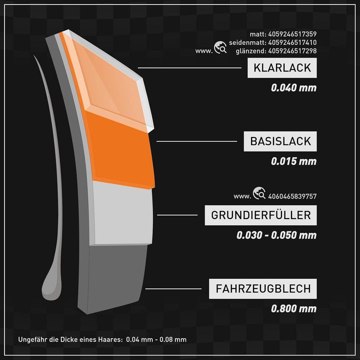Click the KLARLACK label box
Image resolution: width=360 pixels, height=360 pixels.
click(x=282, y=67)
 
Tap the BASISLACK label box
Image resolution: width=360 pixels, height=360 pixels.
click(x=280, y=141)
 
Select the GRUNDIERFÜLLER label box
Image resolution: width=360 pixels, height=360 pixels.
click(x=261, y=215)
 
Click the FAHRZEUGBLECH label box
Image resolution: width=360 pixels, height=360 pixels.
click(x=263, y=288)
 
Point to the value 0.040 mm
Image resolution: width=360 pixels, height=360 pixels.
click(x=293, y=88)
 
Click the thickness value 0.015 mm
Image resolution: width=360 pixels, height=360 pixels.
click(x=293, y=161)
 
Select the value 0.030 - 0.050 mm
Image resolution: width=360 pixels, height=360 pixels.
click(x=276, y=235)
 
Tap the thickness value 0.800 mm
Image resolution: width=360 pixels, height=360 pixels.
click(x=293, y=308)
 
